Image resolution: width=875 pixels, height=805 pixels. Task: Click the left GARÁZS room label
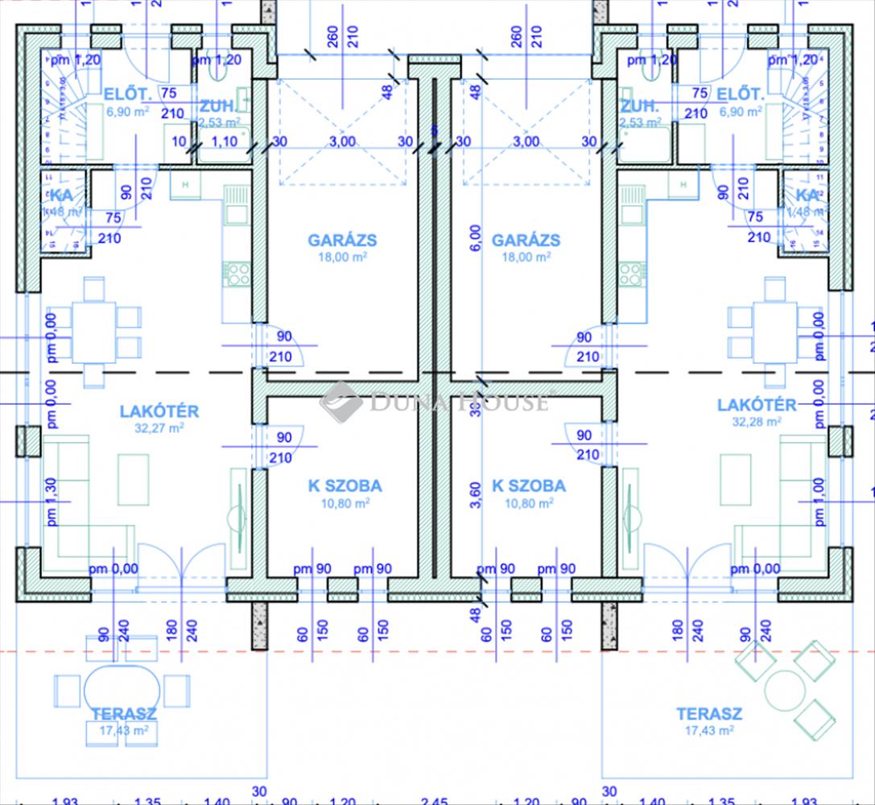click(342, 240)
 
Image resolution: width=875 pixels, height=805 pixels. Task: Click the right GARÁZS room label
click(526, 240)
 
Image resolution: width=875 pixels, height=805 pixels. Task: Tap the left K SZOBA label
click(345, 486)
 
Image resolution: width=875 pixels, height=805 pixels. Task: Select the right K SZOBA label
click(529, 486)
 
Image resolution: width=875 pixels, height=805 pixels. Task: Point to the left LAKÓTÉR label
click(159, 411)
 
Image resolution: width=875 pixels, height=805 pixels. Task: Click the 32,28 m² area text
click(757, 421)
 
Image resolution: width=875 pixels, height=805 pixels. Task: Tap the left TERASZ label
click(124, 714)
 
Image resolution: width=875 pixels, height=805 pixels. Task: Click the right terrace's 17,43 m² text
click(709, 731)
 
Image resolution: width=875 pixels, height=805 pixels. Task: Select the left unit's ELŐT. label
click(128, 95)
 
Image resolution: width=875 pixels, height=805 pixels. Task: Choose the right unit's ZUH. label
click(640, 105)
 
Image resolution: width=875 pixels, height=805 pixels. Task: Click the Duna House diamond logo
click(341, 401)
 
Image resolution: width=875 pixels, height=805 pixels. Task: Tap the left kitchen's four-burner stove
click(237, 275)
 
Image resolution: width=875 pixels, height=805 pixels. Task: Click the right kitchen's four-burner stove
click(632, 275)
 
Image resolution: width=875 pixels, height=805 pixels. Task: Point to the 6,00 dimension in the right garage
click(477, 238)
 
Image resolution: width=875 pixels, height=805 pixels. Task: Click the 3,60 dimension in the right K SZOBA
click(477, 495)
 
